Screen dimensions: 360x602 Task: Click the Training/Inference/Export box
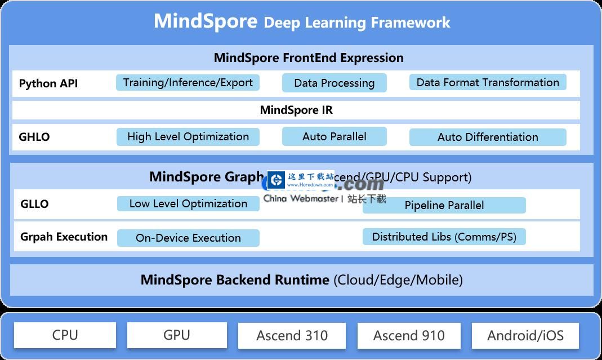tap(188, 82)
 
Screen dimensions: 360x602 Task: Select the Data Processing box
tap(334, 83)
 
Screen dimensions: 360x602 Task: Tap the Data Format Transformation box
tap(487, 82)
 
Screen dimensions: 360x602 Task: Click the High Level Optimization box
tap(188, 136)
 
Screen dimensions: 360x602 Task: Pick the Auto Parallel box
tap(334, 136)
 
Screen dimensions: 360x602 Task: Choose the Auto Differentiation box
tap(487, 137)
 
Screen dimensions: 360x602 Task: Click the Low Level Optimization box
tap(188, 203)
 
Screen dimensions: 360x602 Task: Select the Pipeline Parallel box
tap(444, 205)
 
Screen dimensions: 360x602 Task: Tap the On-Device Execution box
tap(188, 238)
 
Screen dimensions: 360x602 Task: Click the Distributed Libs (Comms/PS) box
tap(444, 237)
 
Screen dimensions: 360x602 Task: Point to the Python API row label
tap(48, 83)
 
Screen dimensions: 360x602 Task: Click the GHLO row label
tap(34, 137)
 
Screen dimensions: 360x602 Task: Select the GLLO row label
tap(34, 204)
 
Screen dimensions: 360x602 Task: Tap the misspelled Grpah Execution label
tap(64, 237)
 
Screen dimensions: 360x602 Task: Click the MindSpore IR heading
tap(296, 110)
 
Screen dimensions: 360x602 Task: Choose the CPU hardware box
tap(65, 335)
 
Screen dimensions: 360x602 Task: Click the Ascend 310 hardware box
tap(292, 336)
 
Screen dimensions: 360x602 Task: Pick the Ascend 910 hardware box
tap(409, 336)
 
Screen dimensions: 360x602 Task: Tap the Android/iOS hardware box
tap(525, 336)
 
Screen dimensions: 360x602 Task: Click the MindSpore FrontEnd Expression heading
tap(309, 57)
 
